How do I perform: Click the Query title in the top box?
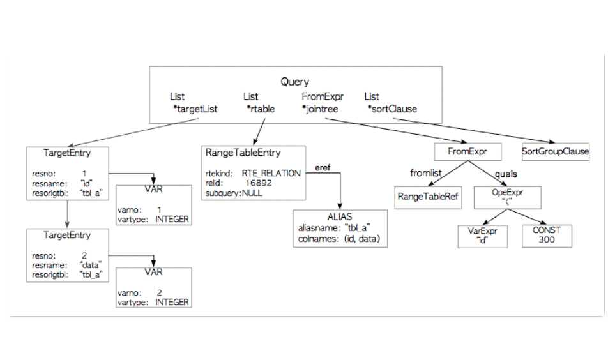point(294,82)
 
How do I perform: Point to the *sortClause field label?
point(392,109)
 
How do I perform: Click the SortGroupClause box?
point(555,152)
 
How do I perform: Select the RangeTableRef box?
point(428,197)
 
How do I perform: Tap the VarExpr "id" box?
point(483,236)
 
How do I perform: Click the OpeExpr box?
point(507,197)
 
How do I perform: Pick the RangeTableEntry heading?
point(243,153)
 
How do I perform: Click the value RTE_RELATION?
point(271,173)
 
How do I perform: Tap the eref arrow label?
point(323,168)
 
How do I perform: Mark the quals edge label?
point(506,173)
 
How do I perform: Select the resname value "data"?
point(91,264)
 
